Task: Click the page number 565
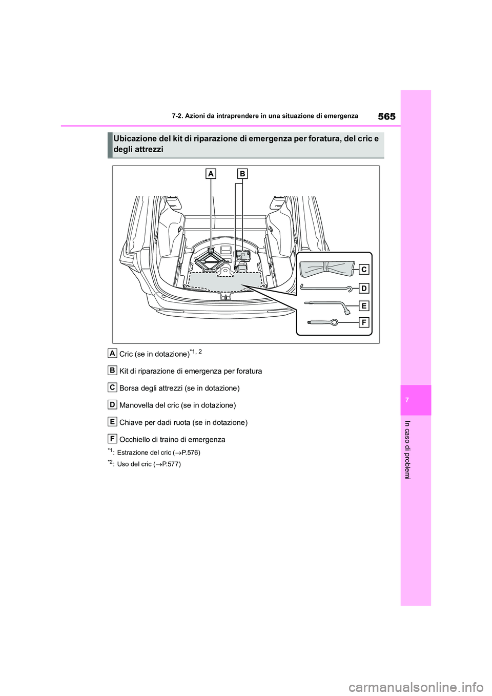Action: [x=386, y=116]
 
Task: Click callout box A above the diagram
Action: [x=211, y=174]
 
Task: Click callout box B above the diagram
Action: [x=242, y=174]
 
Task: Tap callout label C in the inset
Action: [x=363, y=270]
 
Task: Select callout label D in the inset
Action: [x=363, y=288]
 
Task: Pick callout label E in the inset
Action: [x=363, y=306]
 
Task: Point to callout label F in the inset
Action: [x=363, y=323]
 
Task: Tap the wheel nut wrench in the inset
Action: [x=328, y=306]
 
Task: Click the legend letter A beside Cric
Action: [x=112, y=353]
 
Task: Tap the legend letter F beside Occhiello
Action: [x=112, y=438]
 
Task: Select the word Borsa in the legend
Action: [x=129, y=388]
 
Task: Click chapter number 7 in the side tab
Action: [x=416, y=400]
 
